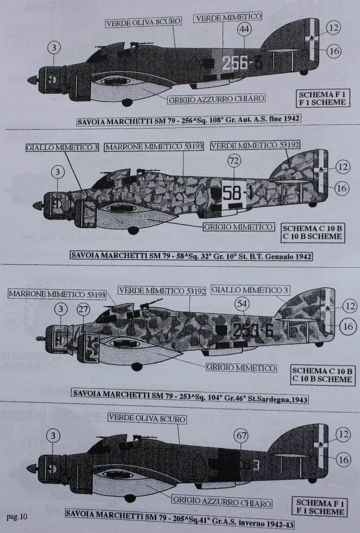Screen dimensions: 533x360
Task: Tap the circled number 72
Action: pyautogui.click(x=234, y=161)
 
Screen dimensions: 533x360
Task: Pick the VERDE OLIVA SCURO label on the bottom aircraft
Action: pyautogui.click(x=147, y=419)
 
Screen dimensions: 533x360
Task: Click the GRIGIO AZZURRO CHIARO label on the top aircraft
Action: pyautogui.click(x=216, y=99)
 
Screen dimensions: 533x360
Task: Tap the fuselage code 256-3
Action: pyautogui.click(x=235, y=63)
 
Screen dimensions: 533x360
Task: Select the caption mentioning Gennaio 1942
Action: pyautogui.click(x=191, y=256)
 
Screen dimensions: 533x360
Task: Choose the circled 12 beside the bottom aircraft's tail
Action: pyautogui.click(x=343, y=435)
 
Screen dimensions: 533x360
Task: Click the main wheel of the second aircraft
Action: pyautogui.click(x=133, y=230)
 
